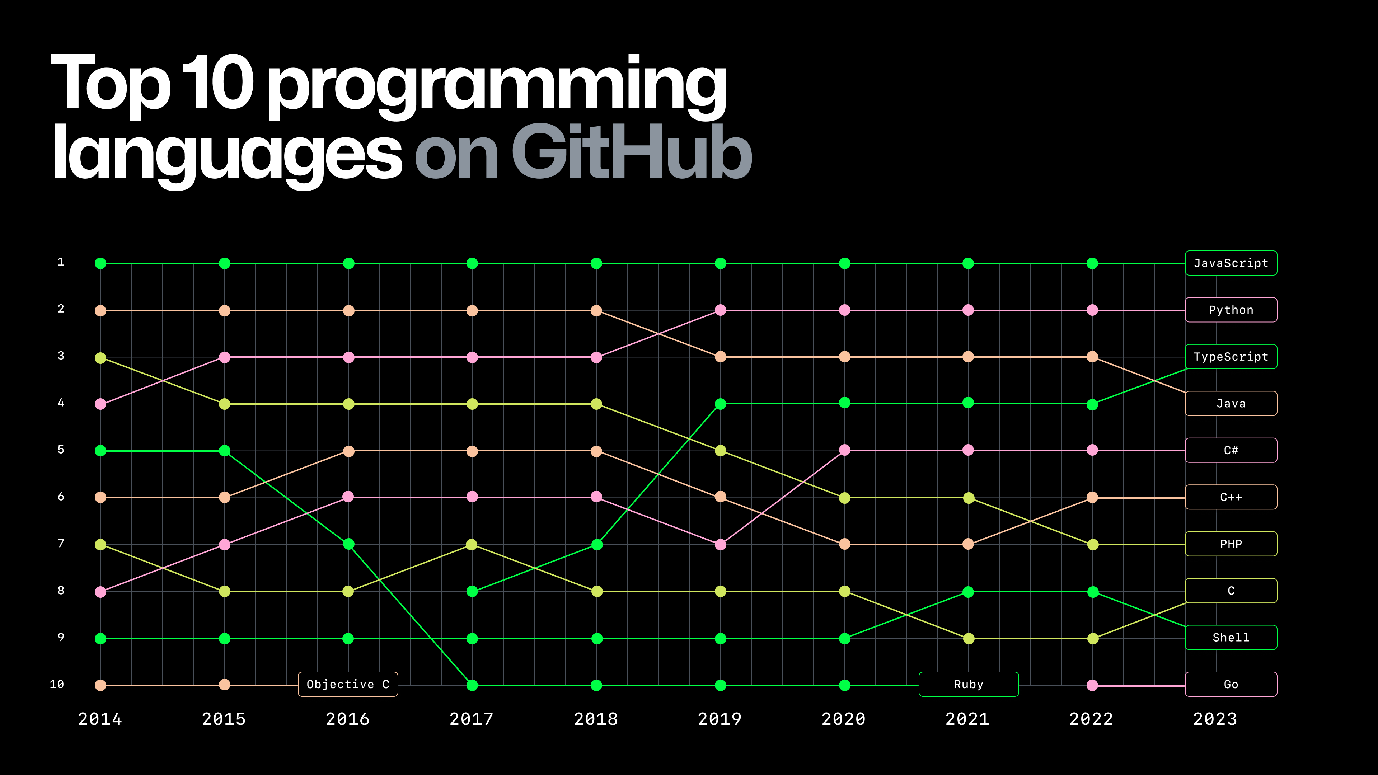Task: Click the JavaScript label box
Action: (x=1231, y=263)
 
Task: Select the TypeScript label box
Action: (x=1231, y=357)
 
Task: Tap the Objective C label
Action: (x=348, y=684)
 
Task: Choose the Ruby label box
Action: (x=968, y=684)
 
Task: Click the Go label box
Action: (x=1231, y=684)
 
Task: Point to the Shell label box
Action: (x=1231, y=638)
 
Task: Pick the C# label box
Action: (x=1231, y=450)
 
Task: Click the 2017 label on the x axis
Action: (x=471, y=719)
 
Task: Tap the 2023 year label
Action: (x=1215, y=719)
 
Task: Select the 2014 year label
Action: (x=100, y=719)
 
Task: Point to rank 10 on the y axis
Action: (x=57, y=684)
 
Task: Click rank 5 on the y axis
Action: (x=61, y=450)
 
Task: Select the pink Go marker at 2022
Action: (x=1092, y=685)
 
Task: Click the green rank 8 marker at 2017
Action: (x=472, y=592)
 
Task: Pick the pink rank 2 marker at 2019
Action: (x=721, y=310)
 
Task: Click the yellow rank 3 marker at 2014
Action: (x=100, y=358)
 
